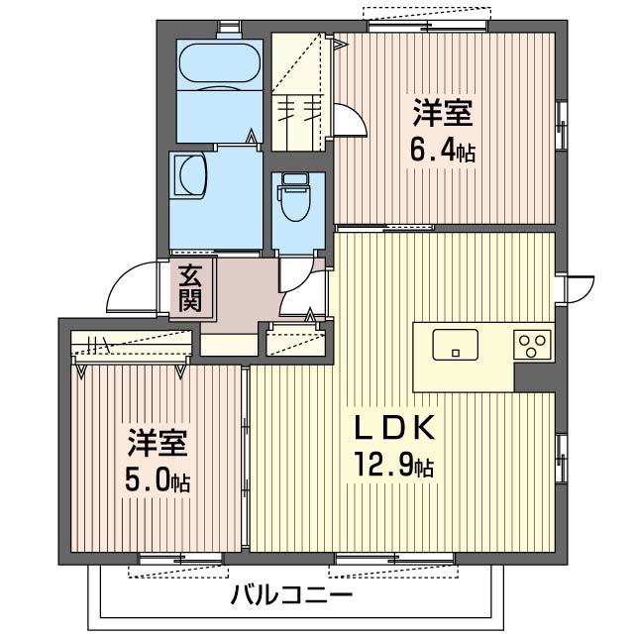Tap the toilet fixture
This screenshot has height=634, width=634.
[x=294, y=197]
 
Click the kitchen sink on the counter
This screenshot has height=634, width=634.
[x=455, y=346]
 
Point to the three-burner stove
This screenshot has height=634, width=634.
[x=532, y=346]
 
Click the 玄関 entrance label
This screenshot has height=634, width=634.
[x=191, y=288]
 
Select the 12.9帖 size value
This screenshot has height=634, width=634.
[x=396, y=464]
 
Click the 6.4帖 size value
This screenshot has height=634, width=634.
[x=443, y=153]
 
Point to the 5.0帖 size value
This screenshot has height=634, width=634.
[x=158, y=481]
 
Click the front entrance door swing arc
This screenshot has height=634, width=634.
[x=131, y=286]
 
